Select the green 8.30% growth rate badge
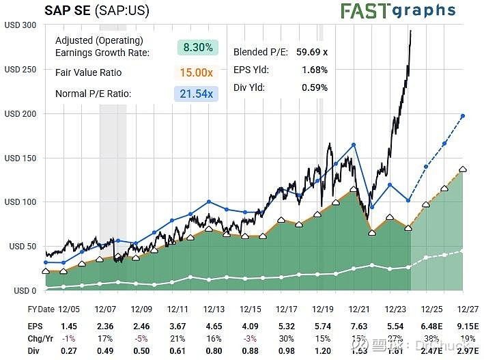[x=198, y=47]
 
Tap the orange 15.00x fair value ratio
[x=198, y=72]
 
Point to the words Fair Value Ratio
[x=88, y=72]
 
